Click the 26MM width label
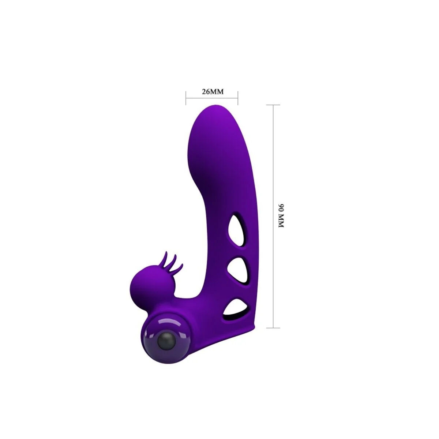pos(212,91)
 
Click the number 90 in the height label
pos(281,209)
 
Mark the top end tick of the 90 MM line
pos(274,105)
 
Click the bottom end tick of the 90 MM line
pos(274,327)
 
